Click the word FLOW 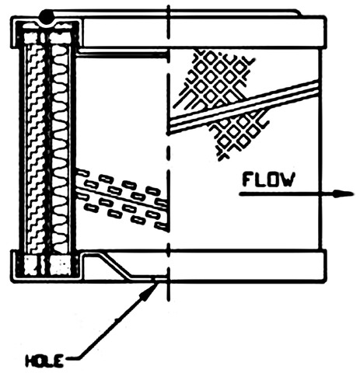(x=269, y=180)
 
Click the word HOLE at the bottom (x=44, y=361)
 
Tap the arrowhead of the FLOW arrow (x=344, y=193)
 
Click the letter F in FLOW (x=248, y=180)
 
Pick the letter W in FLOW (x=287, y=180)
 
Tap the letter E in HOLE (x=59, y=361)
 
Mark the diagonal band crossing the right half (x=243, y=106)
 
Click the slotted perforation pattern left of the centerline (x=122, y=199)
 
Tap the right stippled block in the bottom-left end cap (x=61, y=265)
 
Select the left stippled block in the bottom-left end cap (x=33, y=265)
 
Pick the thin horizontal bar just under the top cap (x=122, y=54)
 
